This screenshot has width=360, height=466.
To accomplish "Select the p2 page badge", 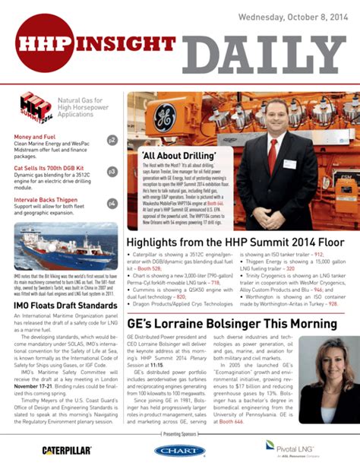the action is [x=112, y=141].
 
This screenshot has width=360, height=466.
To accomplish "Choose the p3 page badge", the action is [x=112, y=172].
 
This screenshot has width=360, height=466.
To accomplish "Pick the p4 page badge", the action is [x=112, y=203].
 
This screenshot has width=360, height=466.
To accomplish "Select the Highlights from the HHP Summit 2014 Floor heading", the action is [x=235, y=243].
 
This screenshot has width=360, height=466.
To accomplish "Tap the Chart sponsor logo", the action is [x=179, y=451].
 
